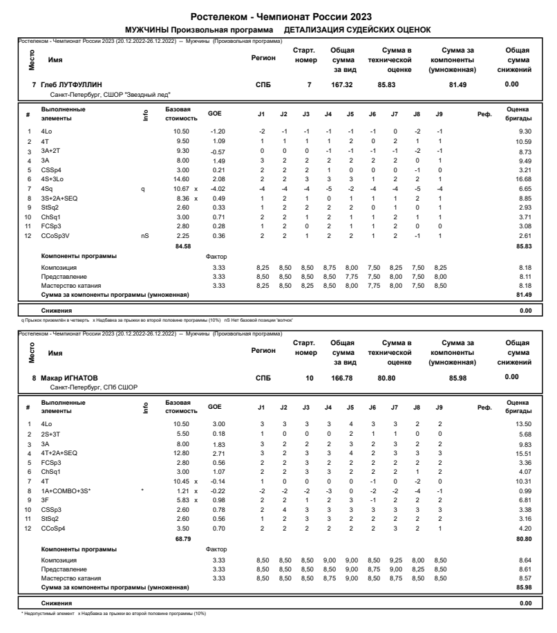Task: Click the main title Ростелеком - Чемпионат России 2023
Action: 278,17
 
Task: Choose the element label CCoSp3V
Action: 54,236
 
